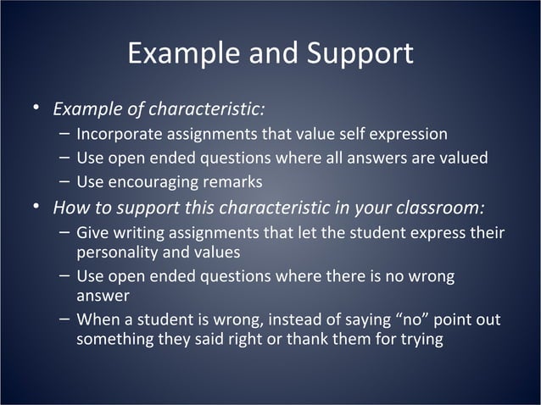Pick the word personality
117,252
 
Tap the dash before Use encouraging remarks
65,180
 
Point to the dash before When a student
65,319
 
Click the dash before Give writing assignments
65,231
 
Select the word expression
411,134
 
